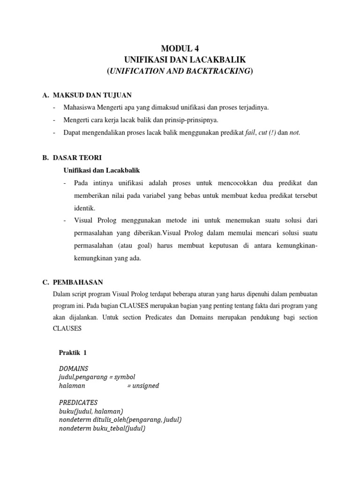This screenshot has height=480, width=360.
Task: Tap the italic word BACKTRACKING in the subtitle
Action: pos(214,71)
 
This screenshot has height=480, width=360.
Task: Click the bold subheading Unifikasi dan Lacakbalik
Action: pos(101,170)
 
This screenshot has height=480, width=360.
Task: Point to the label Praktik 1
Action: pos(73,352)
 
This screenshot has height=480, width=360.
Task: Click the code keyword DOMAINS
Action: pos(74,368)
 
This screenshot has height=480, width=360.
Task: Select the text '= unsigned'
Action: pos(143,386)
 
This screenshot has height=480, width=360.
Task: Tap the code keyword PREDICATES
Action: pos(78,403)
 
